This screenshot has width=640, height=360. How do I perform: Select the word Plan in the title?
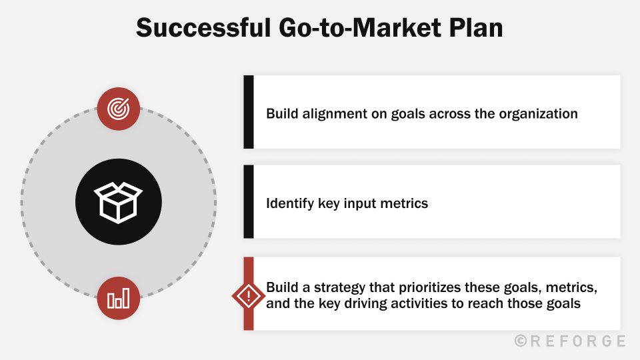point(476,28)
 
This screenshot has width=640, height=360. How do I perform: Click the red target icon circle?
point(119,108)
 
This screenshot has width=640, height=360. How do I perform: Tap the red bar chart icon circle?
point(119,297)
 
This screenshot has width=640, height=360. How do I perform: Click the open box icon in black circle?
point(119,201)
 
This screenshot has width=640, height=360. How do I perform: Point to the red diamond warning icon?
point(249,296)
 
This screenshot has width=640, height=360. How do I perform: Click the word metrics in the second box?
point(404,203)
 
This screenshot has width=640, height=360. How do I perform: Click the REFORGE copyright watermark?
point(570,341)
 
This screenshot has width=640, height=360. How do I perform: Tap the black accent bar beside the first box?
point(249,112)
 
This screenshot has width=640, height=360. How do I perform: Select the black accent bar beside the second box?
point(249,202)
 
